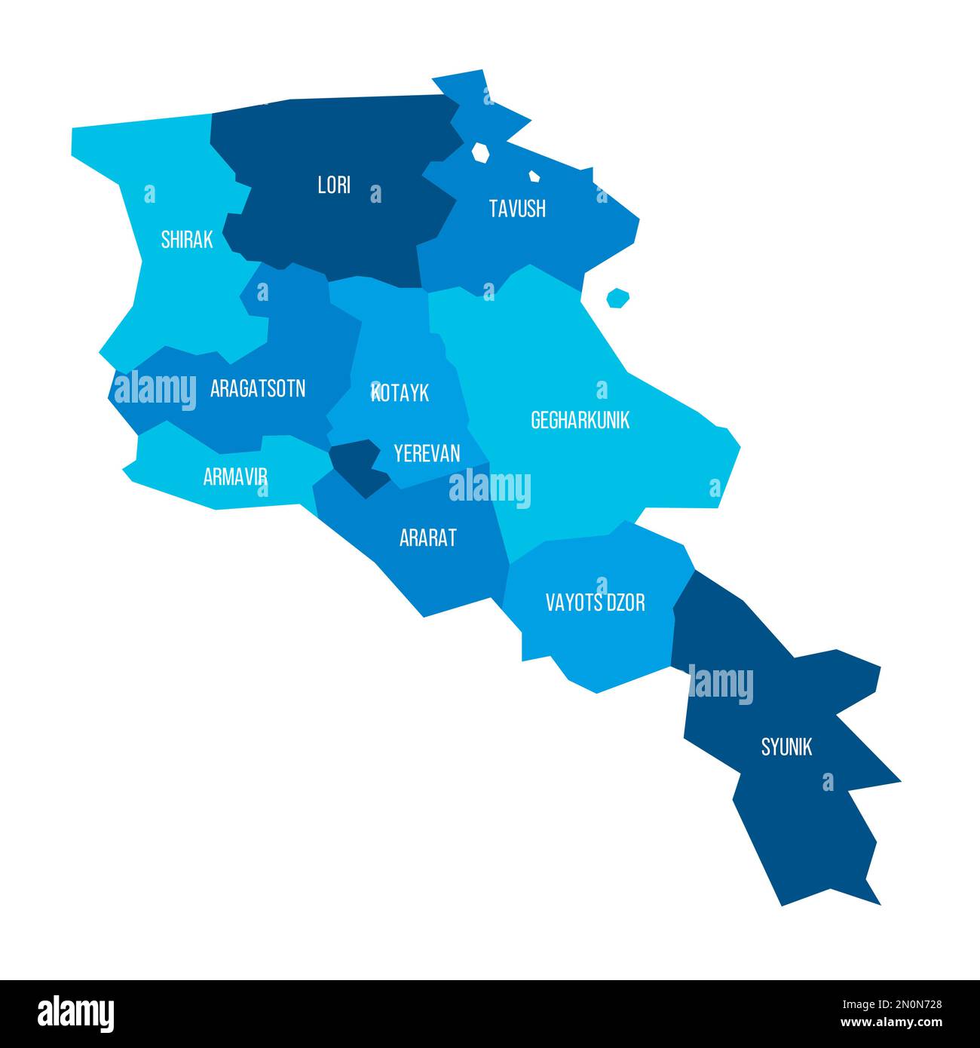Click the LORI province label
334,185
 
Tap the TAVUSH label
517,209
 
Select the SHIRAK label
187,240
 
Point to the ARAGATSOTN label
258,389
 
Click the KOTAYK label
400,392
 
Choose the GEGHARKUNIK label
580,420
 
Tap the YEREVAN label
427,453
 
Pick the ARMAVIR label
235,477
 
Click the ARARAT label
428,538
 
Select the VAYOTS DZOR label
596,602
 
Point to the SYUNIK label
786,746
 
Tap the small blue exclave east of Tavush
617,298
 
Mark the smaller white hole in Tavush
534,176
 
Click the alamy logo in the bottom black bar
76,1013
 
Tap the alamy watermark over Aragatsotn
155,389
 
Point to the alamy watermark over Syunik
721,685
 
